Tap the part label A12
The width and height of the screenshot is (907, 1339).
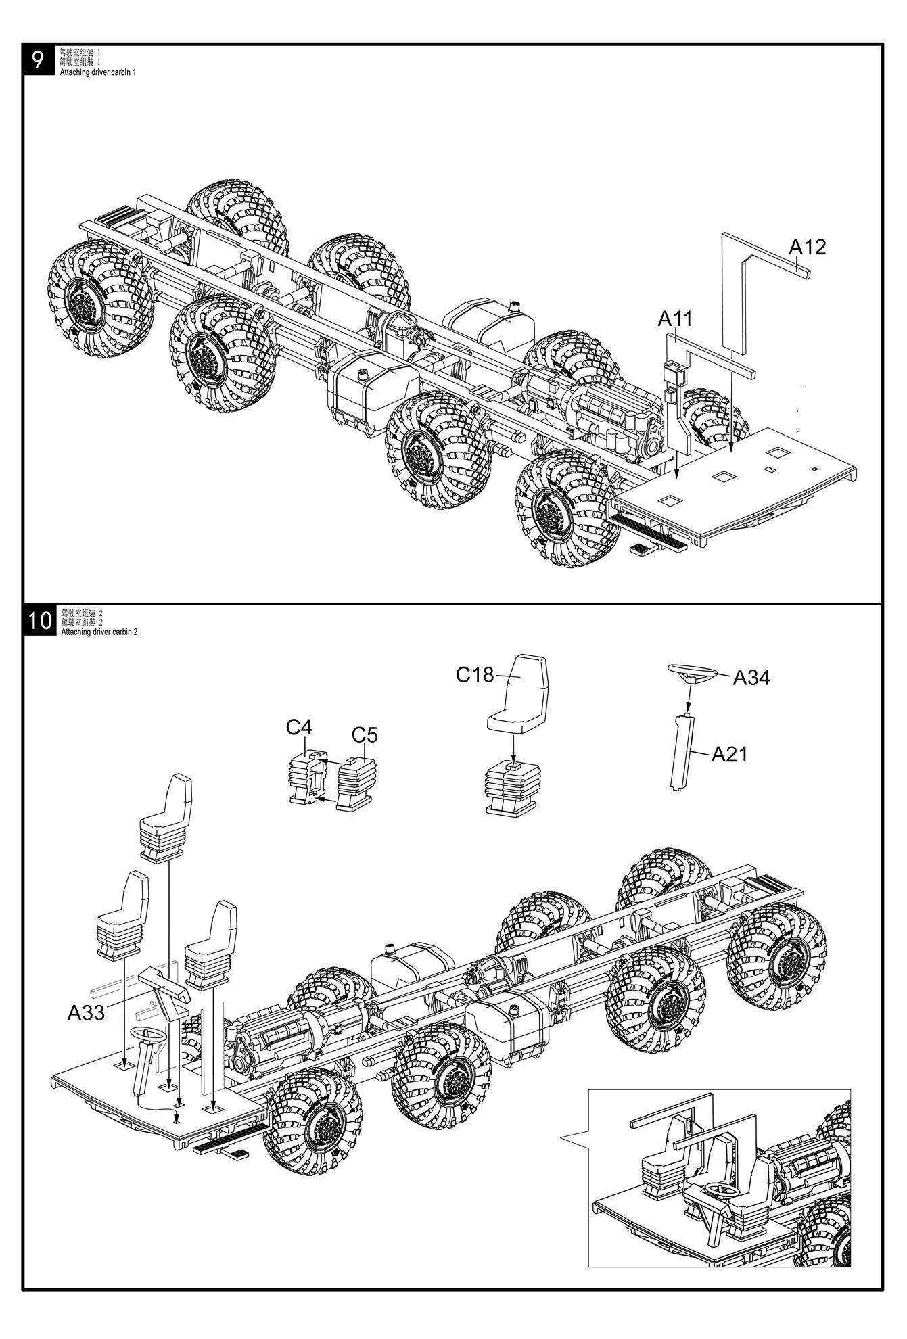point(807,247)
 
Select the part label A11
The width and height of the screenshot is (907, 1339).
point(675,319)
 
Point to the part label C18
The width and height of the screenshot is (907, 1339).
point(475,674)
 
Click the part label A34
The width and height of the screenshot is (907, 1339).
point(751,677)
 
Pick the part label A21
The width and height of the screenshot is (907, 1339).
point(729,754)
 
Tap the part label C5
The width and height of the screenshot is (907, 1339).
point(365,734)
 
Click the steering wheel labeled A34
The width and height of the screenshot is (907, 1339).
point(691,673)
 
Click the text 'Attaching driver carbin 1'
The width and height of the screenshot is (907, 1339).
point(98,72)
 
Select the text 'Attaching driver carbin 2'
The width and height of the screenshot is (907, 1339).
point(99,632)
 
